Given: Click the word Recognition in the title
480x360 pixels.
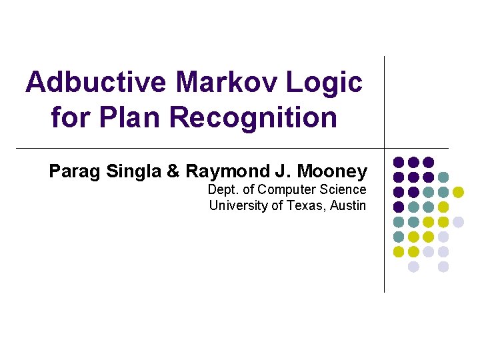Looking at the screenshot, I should click(253, 117).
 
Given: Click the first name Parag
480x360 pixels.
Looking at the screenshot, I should click(72, 171).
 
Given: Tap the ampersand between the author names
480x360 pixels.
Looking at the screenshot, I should click(173, 171).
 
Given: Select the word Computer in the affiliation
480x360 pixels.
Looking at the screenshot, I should click(289, 190).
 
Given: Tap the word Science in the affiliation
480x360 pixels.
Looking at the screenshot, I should click(344, 190).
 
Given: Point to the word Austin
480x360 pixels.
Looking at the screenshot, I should click(349, 205).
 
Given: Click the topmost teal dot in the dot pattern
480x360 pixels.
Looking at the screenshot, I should click(443, 177).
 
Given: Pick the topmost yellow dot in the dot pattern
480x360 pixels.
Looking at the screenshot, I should click(458, 192).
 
